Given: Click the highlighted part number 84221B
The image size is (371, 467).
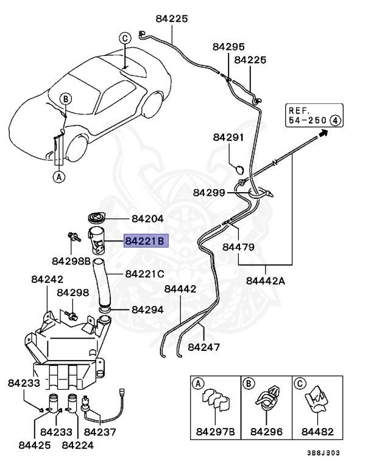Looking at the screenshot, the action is (x=146, y=241).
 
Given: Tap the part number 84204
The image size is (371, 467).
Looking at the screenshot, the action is (x=148, y=219).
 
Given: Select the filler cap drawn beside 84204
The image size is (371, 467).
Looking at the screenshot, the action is (x=97, y=218).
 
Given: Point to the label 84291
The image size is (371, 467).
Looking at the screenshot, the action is (x=228, y=137).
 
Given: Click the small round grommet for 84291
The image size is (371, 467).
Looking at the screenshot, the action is (x=239, y=170).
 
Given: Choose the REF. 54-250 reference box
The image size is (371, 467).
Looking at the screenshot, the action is (x=314, y=116).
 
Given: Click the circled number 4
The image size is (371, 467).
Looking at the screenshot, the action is (x=336, y=120).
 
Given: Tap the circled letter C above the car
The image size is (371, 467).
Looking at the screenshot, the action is (x=125, y=38).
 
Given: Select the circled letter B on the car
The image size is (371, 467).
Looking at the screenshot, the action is (x=66, y=99).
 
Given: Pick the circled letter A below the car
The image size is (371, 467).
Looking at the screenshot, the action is (x=59, y=177).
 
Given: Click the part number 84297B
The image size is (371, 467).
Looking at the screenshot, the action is (x=216, y=432).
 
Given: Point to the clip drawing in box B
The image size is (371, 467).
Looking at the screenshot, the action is (x=267, y=398).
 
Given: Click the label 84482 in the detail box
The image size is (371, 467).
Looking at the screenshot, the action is (x=317, y=432).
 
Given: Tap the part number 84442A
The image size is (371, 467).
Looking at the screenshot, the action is (x=266, y=281).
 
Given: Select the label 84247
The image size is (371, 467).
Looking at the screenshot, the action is (x=204, y=347).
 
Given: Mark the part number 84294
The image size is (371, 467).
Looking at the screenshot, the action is (x=148, y=310).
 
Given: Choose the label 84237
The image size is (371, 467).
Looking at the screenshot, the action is (x=100, y=432).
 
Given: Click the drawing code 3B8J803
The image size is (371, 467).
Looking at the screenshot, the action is (x=323, y=453).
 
